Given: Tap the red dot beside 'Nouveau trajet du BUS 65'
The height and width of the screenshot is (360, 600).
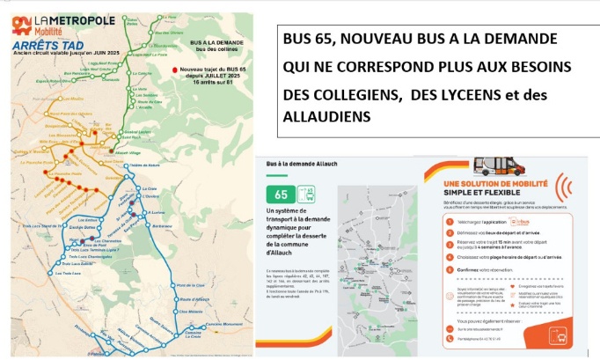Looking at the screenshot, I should [x=176, y=69].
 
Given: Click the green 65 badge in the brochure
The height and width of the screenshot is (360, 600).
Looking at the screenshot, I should [x=282, y=193].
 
